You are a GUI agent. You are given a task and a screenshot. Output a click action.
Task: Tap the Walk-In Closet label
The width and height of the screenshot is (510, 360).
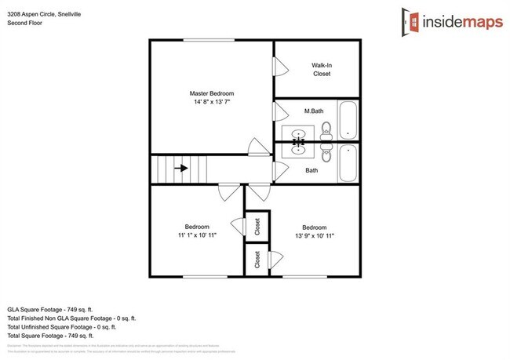coord(322,69)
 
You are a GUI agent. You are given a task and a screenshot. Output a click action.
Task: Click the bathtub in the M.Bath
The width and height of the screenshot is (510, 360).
coord(348,120)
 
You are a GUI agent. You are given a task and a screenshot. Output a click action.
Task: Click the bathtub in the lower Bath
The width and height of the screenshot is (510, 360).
coord(348,163)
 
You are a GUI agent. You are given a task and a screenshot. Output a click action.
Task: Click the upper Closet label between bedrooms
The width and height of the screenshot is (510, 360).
coord(258,227)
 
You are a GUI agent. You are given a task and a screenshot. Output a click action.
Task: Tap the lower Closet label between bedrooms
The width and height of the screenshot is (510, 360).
coord(258,260)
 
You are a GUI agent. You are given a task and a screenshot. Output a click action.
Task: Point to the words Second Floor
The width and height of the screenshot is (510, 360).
coord(26,23)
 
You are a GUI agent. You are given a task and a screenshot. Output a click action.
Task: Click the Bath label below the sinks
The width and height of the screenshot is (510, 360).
coord(311,170)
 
